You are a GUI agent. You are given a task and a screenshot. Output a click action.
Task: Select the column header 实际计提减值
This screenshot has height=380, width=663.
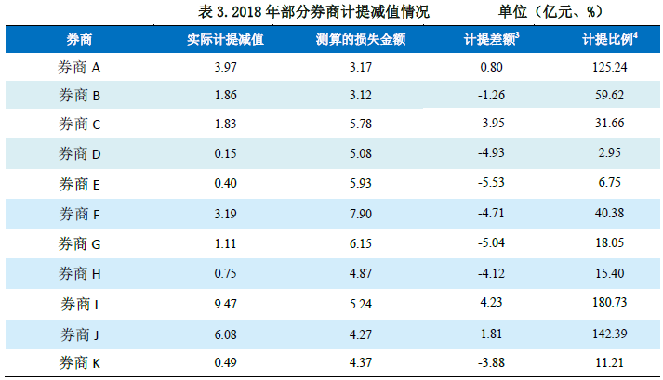tap(224, 40)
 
